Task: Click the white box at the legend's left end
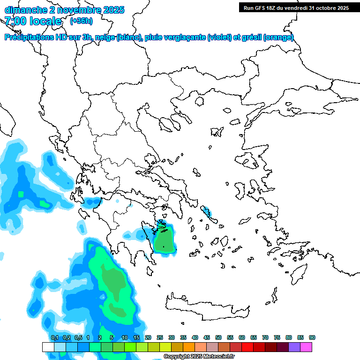tap(48, 347)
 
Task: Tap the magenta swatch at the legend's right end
tap(306, 347)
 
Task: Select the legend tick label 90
tap(312, 337)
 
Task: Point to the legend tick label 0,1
tap(54, 337)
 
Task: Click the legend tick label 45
tap(207, 337)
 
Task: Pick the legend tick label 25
tap(160, 337)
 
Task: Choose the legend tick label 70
tap(265, 337)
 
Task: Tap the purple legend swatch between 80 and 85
tap(294, 347)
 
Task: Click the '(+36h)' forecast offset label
tap(81, 21)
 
